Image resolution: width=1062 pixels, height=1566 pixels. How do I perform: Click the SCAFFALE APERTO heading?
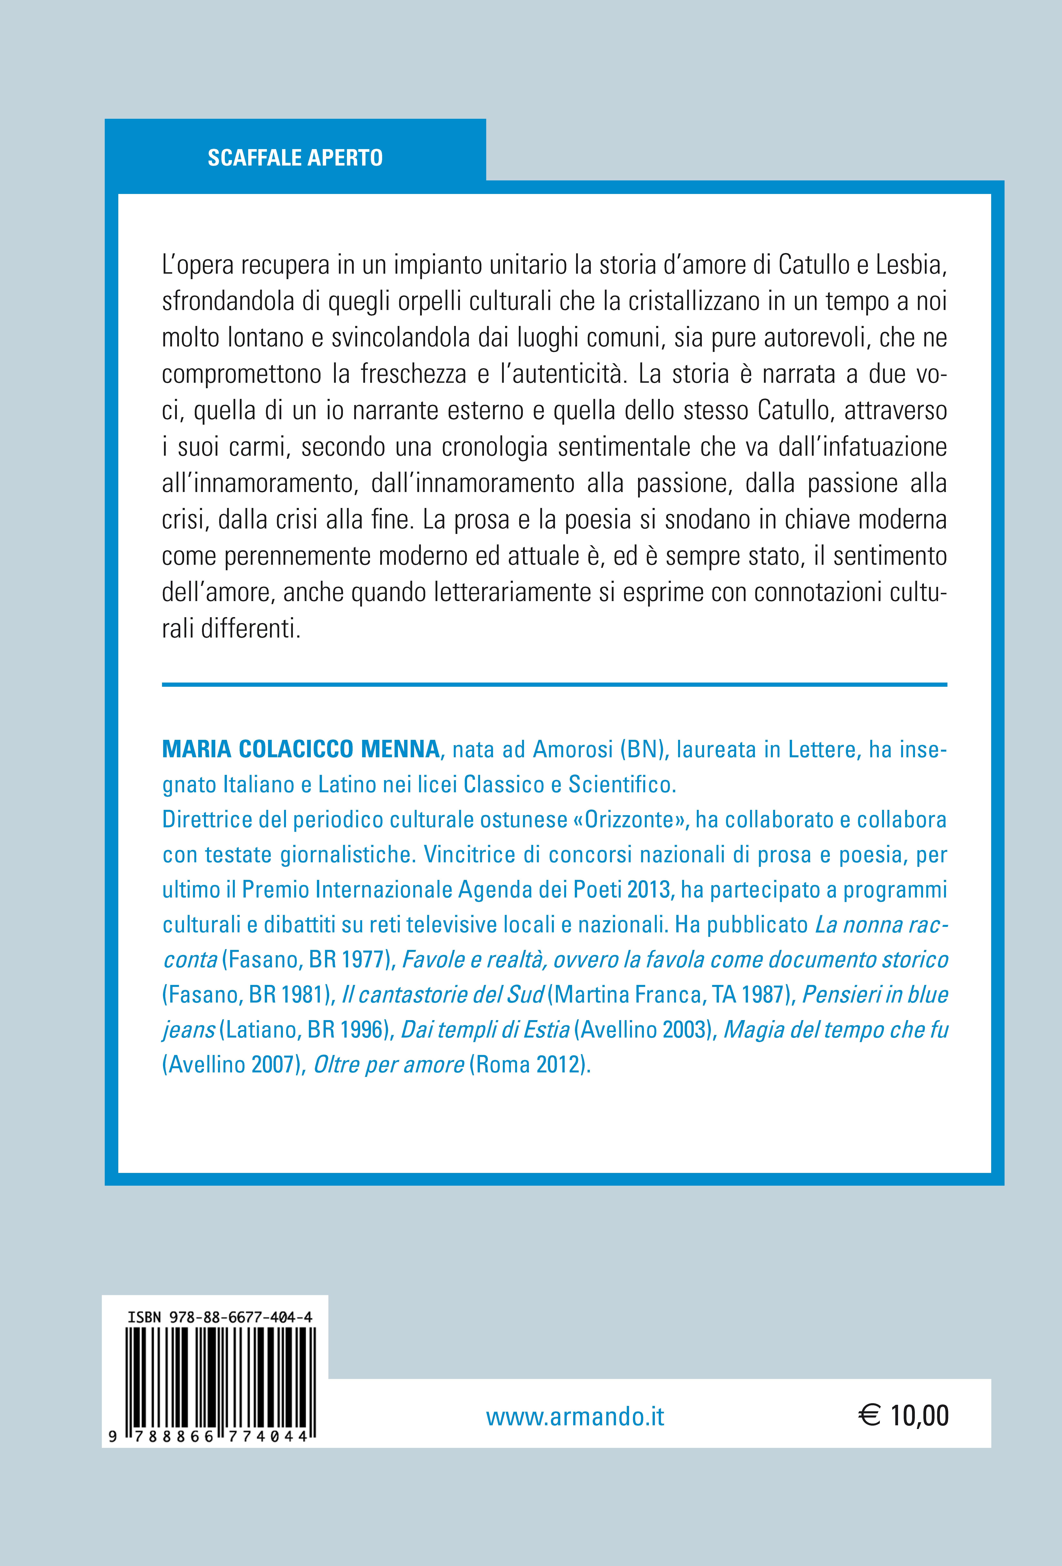pyautogui.click(x=295, y=158)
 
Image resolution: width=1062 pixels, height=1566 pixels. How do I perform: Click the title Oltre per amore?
pyautogui.click(x=389, y=1065)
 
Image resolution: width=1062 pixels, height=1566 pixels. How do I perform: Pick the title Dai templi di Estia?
pyautogui.click(x=485, y=1030)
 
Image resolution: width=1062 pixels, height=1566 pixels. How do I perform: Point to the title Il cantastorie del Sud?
pyautogui.click(x=443, y=995)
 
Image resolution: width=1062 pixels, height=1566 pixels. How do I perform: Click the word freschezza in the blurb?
pyautogui.click(x=413, y=374)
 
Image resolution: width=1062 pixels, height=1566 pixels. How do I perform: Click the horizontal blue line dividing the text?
pyautogui.click(x=554, y=685)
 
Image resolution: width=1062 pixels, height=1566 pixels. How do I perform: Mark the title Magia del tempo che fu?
pyautogui.click(x=836, y=1030)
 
